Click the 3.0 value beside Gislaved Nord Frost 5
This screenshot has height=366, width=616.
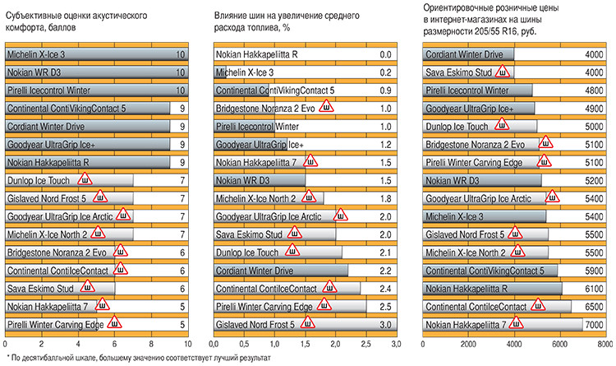(x=384, y=324)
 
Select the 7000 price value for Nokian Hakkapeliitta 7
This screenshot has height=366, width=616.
(x=594, y=324)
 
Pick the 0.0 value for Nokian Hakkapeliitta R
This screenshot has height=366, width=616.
(x=384, y=55)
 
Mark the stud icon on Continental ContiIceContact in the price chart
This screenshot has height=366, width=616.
(x=540, y=305)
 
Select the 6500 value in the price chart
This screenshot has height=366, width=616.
(x=594, y=306)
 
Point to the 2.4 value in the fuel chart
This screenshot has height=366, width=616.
(x=384, y=288)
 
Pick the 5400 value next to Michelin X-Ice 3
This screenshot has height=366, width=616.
(x=594, y=216)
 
